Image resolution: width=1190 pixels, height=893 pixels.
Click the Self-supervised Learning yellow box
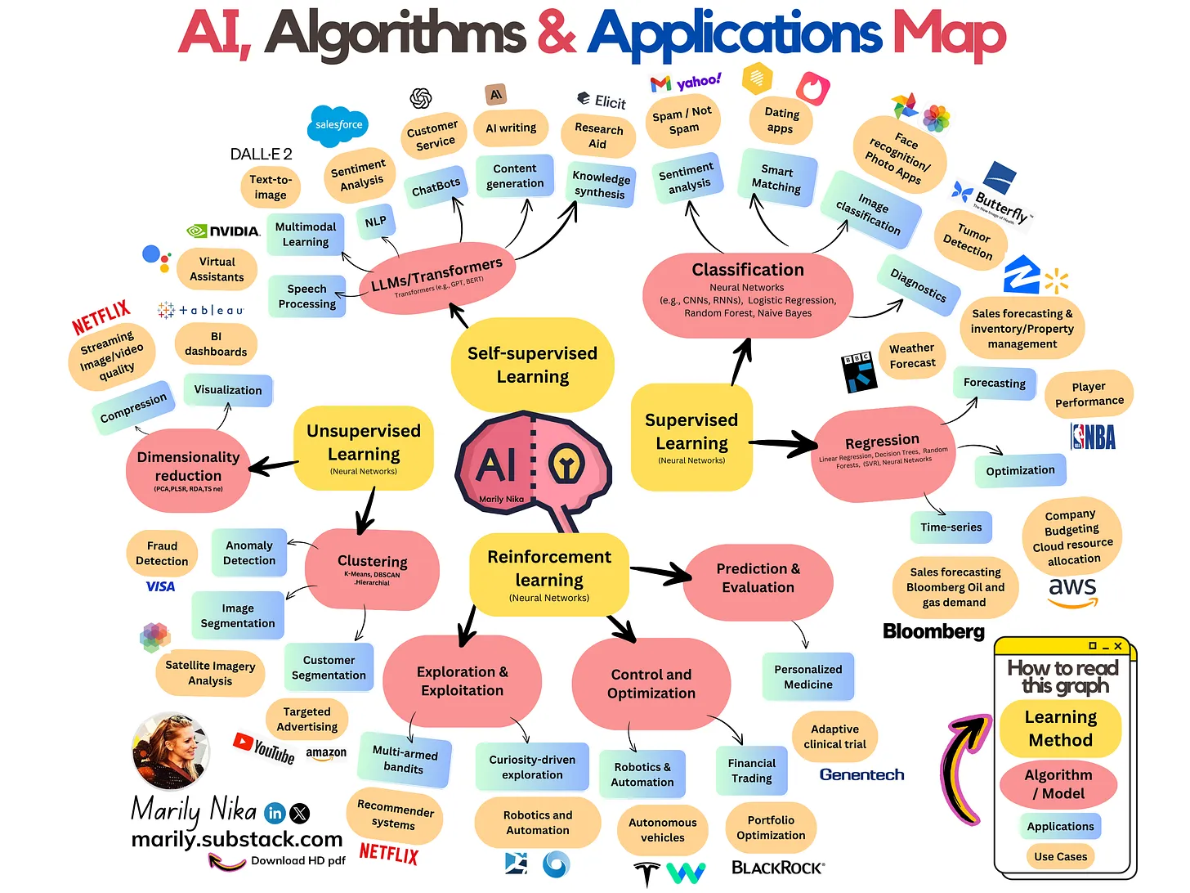(532, 365)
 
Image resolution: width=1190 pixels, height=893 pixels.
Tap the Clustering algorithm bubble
(372, 568)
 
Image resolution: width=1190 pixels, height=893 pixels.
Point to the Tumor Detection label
(969, 240)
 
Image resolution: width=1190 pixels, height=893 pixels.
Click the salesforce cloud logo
(338, 125)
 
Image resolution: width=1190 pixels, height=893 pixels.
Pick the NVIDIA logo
(223, 231)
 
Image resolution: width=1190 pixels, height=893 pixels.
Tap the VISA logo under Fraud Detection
(160, 586)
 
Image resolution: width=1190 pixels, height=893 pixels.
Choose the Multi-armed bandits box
(405, 759)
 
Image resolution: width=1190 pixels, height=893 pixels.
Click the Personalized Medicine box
(807, 676)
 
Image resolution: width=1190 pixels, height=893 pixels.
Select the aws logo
(1072, 591)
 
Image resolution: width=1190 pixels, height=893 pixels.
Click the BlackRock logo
(777, 868)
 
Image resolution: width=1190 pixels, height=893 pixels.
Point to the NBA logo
(1093, 437)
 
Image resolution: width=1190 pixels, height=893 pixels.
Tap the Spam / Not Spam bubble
(682, 121)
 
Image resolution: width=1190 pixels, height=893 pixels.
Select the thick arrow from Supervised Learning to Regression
(783, 444)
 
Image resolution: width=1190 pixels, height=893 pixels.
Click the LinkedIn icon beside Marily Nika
(275, 813)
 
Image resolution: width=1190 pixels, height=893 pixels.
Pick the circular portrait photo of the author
(171, 751)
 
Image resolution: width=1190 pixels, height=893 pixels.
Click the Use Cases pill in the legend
(1060, 856)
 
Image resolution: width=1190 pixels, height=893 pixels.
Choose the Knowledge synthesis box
(601, 185)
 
